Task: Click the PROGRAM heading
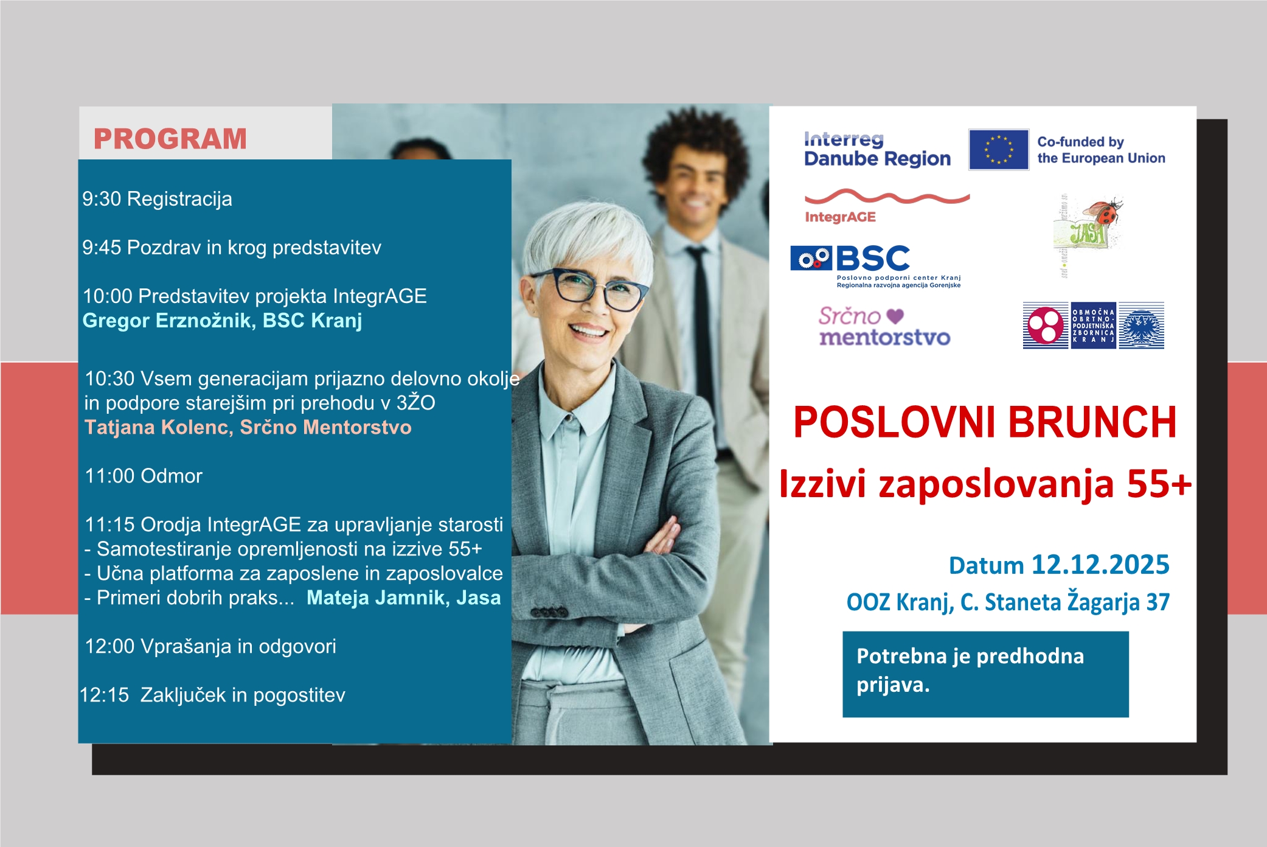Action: [170, 139]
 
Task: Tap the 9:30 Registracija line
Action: [157, 199]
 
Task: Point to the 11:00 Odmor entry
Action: [144, 476]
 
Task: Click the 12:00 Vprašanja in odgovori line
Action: [210, 646]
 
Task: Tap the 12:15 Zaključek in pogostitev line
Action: [212, 695]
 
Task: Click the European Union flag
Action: [999, 150]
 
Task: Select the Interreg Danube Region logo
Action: [877, 150]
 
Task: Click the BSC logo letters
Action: [873, 259]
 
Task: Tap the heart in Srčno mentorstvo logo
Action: [895, 316]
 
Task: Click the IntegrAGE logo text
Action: [840, 217]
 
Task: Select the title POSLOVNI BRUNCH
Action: [985, 422]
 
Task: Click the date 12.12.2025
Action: [1100, 565]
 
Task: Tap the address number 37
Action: [1158, 602]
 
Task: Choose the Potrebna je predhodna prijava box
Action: [985, 674]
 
